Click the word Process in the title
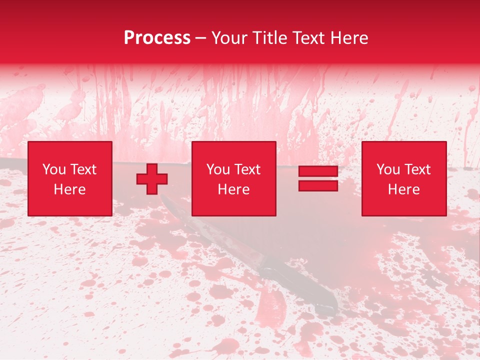(157, 38)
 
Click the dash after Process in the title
(200, 38)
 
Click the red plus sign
(152, 179)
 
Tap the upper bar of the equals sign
(318, 171)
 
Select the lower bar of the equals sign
(318, 186)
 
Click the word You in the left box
(54, 169)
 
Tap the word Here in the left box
(69, 189)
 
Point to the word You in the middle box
(218, 169)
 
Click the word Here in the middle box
(233, 189)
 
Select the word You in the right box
(388, 169)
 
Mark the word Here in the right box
(403, 189)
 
